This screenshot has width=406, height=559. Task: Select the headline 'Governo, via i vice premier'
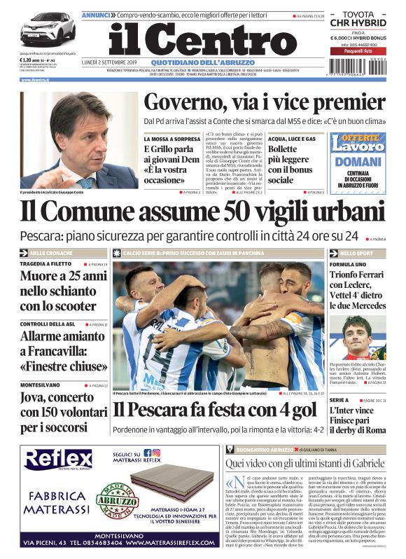click(264, 103)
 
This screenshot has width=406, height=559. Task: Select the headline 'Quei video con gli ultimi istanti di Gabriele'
click(305, 463)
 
